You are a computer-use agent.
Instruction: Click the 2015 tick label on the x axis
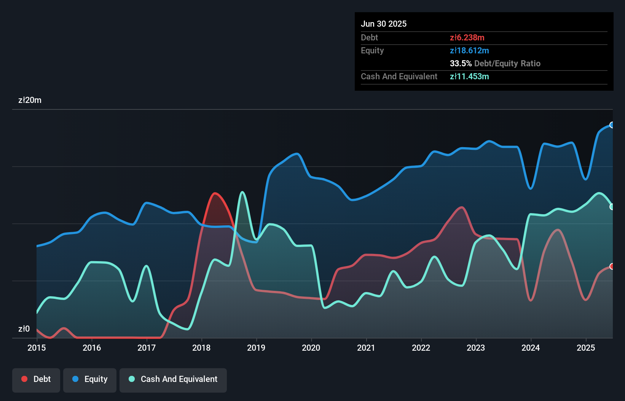tap(37, 348)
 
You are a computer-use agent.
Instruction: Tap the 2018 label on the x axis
tap(201, 348)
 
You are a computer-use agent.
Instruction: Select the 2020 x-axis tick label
tap(311, 348)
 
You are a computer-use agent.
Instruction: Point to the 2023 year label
tap(476, 348)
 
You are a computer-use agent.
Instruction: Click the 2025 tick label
tap(586, 348)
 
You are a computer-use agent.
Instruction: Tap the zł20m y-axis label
tap(30, 100)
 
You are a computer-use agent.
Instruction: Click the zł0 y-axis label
tap(24, 329)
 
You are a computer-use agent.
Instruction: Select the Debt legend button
tap(36, 379)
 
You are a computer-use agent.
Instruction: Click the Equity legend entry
tap(90, 379)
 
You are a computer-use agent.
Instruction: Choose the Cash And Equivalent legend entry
tap(173, 379)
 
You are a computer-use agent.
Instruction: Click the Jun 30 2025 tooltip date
tap(384, 24)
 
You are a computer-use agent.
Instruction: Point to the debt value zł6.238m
tap(467, 37)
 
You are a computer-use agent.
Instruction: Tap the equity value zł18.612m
tap(469, 50)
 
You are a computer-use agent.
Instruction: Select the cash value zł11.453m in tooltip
tap(469, 76)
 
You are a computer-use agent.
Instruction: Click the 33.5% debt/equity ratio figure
tap(461, 63)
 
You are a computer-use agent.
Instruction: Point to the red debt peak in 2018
tap(215, 193)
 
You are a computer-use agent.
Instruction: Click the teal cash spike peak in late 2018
tap(242, 192)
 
